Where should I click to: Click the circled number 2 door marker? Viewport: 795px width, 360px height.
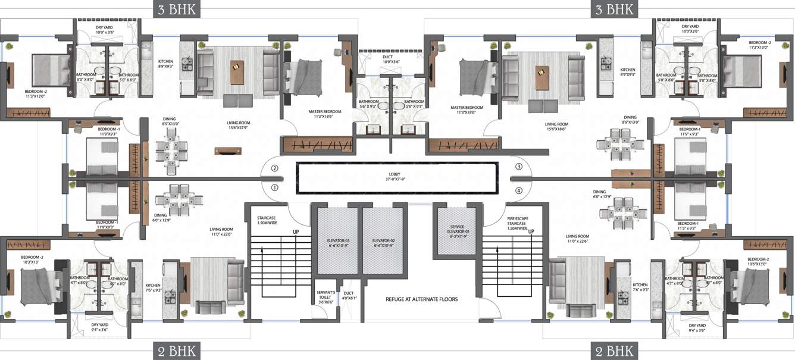[275, 168]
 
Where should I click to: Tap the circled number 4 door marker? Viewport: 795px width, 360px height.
[519, 190]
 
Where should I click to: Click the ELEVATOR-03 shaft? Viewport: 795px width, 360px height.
[336, 240]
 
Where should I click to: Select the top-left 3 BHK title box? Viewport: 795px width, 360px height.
[176, 9]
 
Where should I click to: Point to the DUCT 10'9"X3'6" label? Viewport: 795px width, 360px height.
[390, 60]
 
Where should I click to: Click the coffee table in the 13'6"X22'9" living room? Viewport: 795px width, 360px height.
[237, 72]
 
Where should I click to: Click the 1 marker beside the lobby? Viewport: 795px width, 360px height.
[275, 187]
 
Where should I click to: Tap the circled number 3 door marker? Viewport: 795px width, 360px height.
[519, 167]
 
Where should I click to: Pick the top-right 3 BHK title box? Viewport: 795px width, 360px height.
[614, 9]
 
